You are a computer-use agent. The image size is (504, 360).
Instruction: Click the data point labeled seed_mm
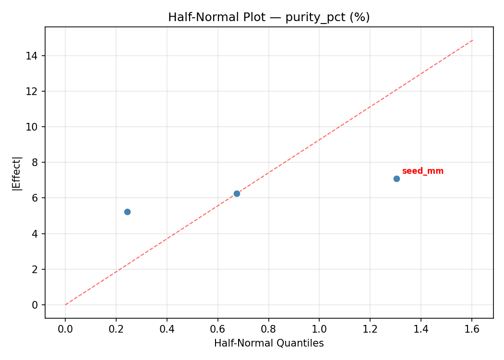tap(396, 179)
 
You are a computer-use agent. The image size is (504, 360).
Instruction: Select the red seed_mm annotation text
tap(422, 171)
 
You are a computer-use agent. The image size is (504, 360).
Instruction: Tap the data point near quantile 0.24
tap(127, 212)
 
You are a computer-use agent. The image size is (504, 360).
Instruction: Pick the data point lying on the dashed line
tap(237, 193)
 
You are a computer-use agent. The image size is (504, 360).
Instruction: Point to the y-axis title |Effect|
tap(17, 173)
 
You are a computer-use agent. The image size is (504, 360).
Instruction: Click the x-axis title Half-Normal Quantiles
tap(269, 343)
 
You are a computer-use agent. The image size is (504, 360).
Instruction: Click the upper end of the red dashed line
tap(472, 40)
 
